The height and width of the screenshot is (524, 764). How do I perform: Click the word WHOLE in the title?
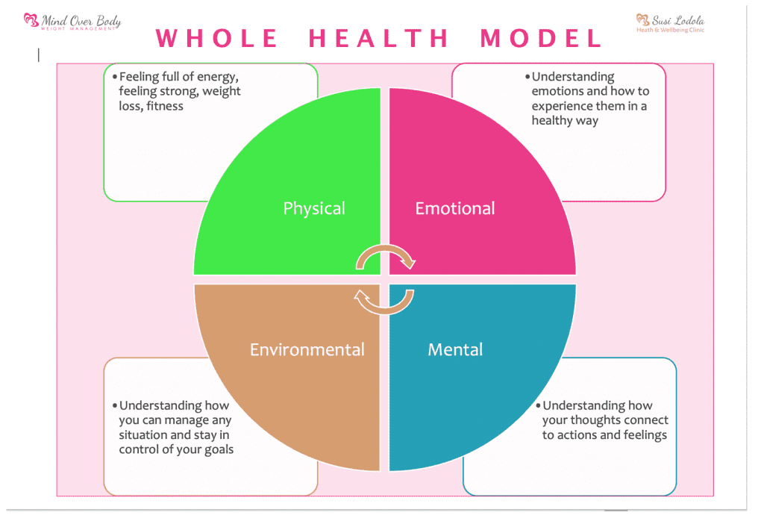[217, 38]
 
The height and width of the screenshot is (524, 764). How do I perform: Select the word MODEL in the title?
[541, 38]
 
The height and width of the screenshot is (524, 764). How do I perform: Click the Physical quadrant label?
[314, 208]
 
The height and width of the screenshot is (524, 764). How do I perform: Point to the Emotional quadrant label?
[455, 208]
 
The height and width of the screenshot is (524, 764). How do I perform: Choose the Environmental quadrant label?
[307, 349]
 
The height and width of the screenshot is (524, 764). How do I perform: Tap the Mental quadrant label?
[455, 349]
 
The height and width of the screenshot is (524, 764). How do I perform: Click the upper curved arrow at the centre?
[385, 257]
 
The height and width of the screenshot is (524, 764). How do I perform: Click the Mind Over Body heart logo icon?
[31, 20]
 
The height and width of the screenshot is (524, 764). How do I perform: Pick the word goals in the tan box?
[218, 449]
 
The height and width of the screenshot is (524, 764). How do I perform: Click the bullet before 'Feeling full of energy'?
[114, 77]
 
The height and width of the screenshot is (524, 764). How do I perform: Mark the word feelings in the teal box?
[642, 434]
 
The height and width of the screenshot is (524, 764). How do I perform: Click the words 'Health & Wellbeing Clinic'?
[670, 31]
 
